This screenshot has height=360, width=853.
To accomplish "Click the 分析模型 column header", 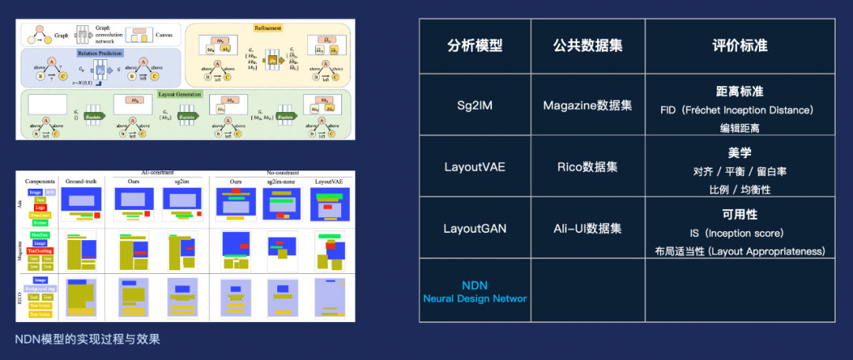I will tap(474, 45).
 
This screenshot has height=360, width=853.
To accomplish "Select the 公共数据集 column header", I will tap(588, 45).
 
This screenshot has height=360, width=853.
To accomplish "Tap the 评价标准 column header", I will tap(739, 45).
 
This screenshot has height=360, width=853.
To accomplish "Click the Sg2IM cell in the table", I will tap(474, 105).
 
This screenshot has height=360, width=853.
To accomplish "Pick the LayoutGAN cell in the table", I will tap(474, 229).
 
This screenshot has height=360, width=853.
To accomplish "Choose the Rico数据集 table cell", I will tap(588, 167).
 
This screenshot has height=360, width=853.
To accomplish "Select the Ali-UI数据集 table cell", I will tap(588, 229).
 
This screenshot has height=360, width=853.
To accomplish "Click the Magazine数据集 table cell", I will tap(588, 105).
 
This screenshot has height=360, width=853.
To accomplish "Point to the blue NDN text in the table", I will tap(475, 284).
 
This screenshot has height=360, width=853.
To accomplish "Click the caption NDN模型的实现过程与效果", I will tap(88, 339).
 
